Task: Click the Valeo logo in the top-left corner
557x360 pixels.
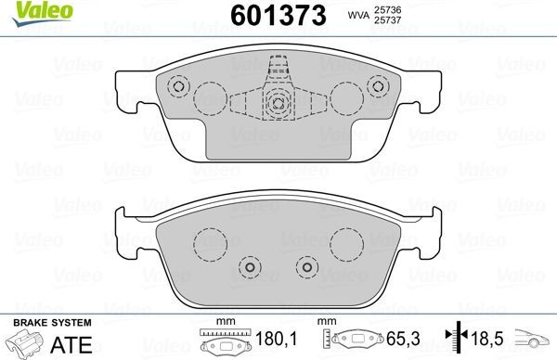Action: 30,11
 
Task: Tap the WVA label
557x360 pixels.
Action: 357,17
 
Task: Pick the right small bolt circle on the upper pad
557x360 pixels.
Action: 376,87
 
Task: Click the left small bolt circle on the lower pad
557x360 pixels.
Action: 248,266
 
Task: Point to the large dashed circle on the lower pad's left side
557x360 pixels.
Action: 209,245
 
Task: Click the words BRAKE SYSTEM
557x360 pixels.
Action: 50,322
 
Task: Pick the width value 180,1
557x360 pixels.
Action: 270,341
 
